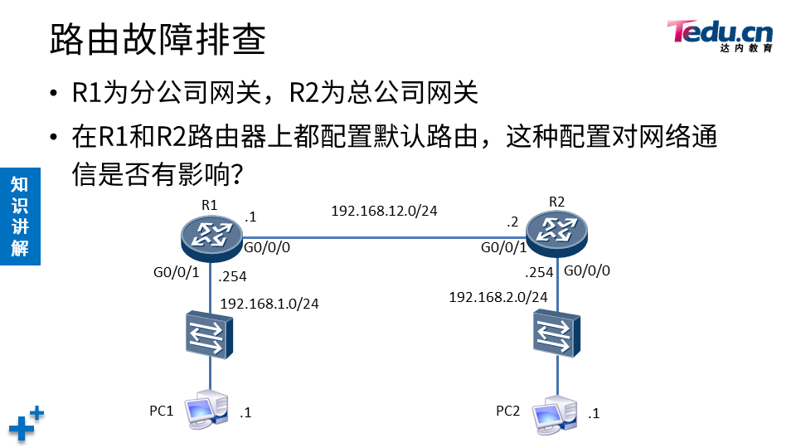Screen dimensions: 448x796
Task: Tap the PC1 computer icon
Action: (206, 411)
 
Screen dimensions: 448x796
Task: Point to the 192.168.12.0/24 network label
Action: (384, 211)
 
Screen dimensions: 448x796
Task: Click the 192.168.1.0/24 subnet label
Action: (269, 304)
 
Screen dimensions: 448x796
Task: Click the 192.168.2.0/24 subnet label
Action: (498, 297)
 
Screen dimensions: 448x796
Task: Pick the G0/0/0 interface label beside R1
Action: (267, 248)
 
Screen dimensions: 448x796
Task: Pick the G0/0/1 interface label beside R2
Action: (503, 248)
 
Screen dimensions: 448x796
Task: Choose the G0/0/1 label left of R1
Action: (177, 272)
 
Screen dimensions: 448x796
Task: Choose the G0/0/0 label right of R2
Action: (587, 270)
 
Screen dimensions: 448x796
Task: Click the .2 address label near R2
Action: (512, 222)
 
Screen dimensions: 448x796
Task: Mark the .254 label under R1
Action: (232, 277)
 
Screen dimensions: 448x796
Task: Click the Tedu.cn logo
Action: (720, 35)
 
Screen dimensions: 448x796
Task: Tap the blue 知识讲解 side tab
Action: (19, 216)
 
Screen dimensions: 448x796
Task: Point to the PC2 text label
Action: (507, 411)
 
